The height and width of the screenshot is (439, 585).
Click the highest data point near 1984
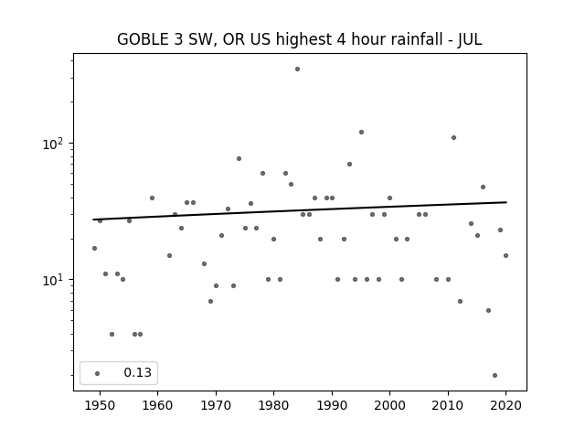pos(297,70)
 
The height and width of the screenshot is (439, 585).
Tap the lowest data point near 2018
pos(495,376)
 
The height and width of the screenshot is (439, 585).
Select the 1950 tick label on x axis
pos(100,405)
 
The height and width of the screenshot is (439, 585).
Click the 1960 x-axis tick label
pos(157,405)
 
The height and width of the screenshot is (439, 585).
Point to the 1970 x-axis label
pos(216,405)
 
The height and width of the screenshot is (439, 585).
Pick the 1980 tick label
pos(273,405)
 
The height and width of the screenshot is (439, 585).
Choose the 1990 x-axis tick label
pos(332,405)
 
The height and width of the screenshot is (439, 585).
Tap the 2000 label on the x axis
pos(389,405)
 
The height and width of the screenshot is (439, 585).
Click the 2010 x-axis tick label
pos(448,405)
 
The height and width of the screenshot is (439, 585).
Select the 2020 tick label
pos(505,405)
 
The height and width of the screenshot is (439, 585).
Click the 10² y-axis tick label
pos(53,143)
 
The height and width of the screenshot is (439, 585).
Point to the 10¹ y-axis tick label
pos(53,279)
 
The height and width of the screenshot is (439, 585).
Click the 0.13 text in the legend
pos(138,372)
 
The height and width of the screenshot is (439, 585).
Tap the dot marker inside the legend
pos(98,373)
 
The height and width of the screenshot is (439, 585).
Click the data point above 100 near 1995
pos(361,132)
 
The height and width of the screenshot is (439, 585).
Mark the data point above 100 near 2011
pos(453,138)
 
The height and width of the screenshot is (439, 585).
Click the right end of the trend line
pos(506,202)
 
